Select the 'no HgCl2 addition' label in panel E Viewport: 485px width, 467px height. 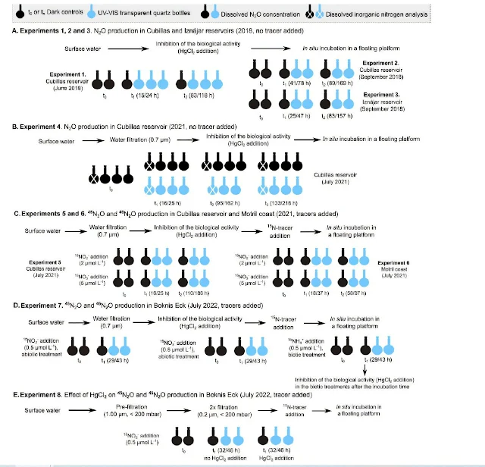point(224,459)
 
